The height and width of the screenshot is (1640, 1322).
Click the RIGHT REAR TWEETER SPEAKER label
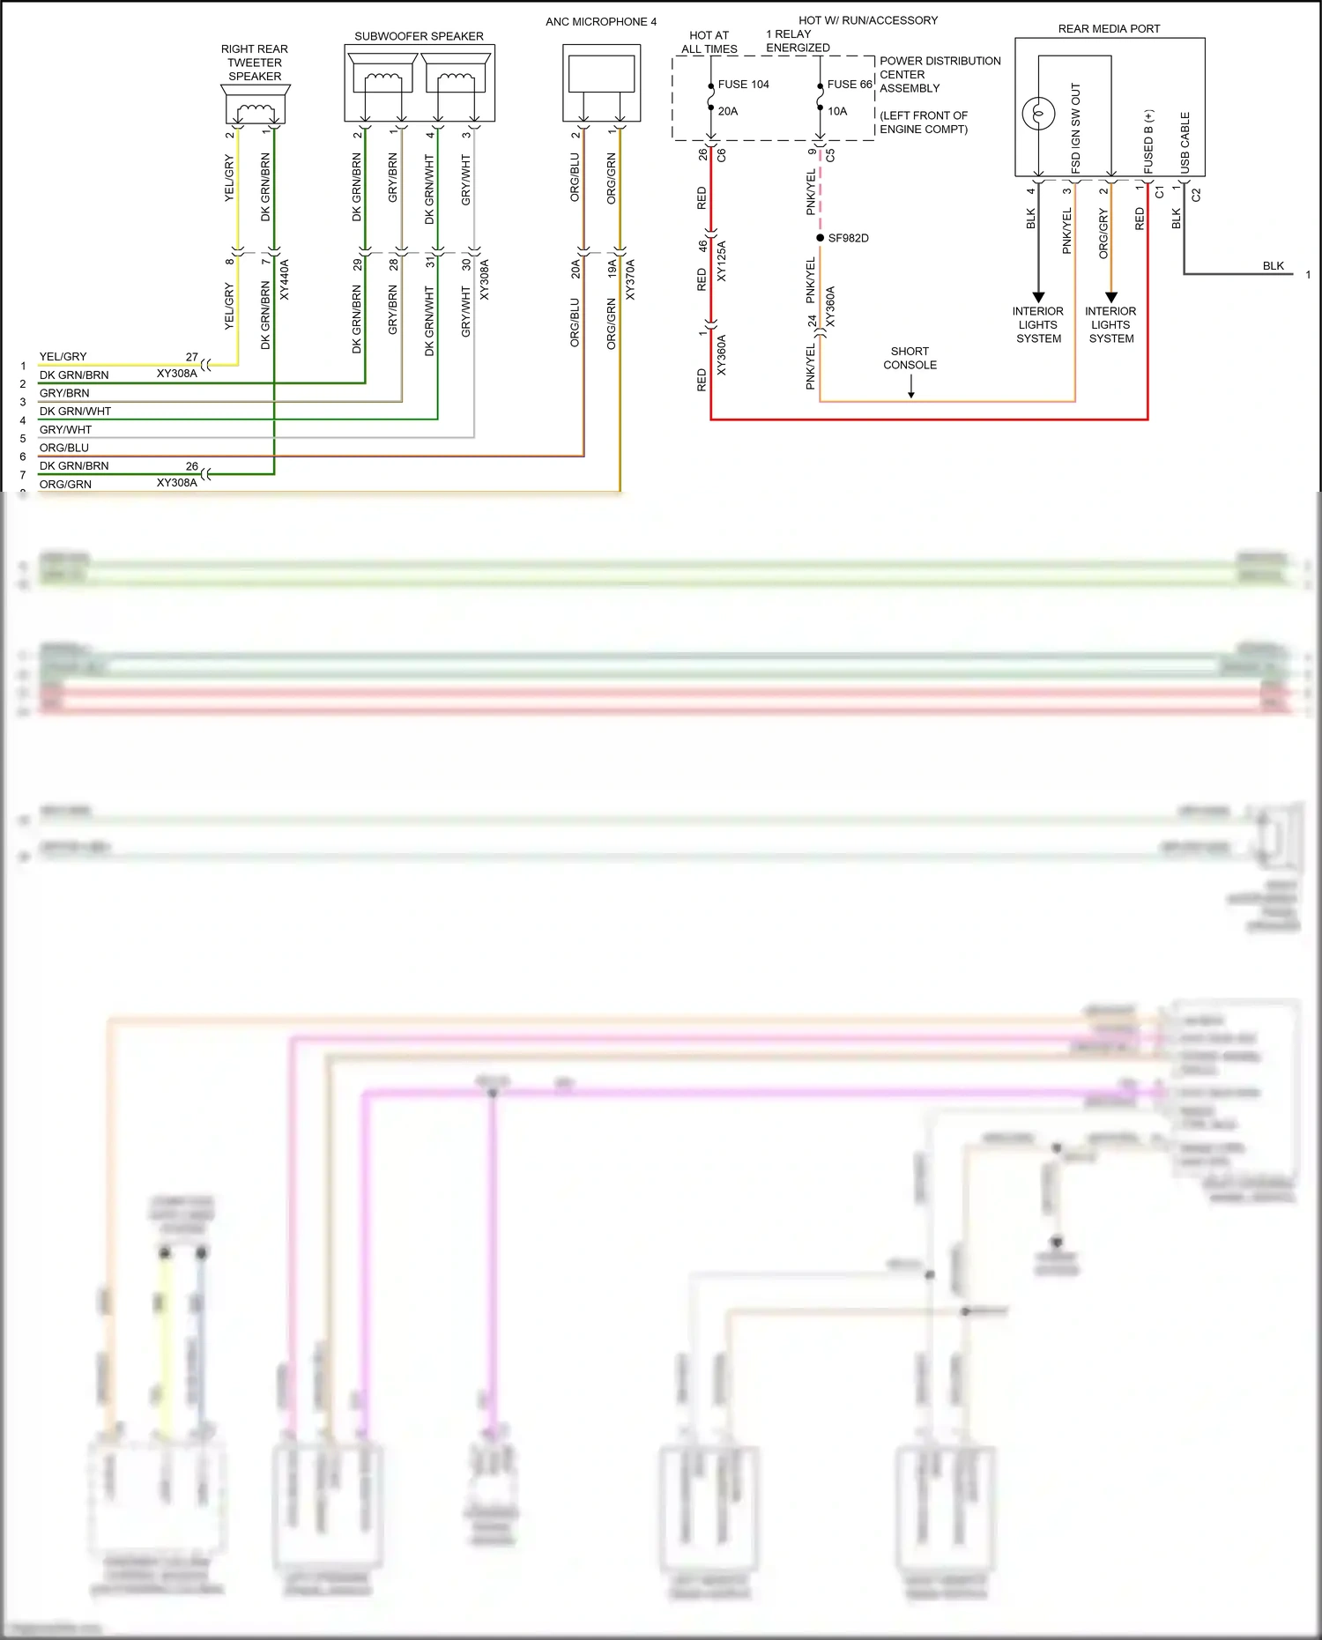coord(255,63)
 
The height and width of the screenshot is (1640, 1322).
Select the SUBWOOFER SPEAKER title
coord(419,36)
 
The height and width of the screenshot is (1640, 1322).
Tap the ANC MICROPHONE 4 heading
coord(600,22)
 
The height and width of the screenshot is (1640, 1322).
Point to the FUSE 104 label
coord(743,85)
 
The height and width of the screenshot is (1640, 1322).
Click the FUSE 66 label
coord(849,85)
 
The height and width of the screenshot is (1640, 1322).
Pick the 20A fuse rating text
coord(728,112)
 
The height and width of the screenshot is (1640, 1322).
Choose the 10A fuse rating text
coord(837,112)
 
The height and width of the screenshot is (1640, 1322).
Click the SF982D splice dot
coord(821,238)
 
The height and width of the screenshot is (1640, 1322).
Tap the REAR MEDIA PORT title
coord(1109,29)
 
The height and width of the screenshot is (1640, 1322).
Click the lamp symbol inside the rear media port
coord(1038,113)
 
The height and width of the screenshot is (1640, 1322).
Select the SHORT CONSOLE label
coord(910,358)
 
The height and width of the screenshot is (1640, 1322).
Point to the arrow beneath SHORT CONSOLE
coord(910,388)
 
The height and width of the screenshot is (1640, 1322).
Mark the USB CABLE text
coord(1185,141)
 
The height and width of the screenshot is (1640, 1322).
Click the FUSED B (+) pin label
coord(1148,141)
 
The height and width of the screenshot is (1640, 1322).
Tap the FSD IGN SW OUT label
coord(1075,128)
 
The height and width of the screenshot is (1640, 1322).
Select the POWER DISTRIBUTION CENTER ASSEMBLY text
coord(940,75)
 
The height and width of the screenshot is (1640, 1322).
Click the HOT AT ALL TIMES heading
coord(709,42)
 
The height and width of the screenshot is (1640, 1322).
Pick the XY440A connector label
coord(284,279)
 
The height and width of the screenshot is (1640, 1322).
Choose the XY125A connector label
coord(722,261)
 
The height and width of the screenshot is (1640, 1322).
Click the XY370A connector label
coord(630,279)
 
